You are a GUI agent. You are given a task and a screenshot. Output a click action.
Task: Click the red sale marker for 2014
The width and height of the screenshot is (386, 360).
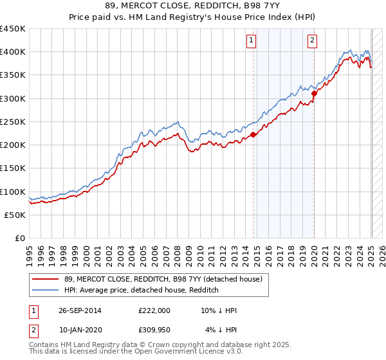coord(253,134)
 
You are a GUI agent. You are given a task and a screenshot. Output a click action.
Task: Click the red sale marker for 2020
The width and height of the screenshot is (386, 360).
coord(314,94)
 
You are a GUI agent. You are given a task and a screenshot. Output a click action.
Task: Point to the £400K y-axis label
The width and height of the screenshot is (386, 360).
coord(13,52)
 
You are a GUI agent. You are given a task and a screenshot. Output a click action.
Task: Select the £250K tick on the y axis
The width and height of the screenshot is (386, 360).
coord(13,122)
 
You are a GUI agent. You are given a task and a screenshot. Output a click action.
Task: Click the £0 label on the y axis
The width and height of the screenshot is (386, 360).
coord(20,239)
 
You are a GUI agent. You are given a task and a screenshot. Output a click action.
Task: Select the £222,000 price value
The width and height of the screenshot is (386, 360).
coord(154,310)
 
